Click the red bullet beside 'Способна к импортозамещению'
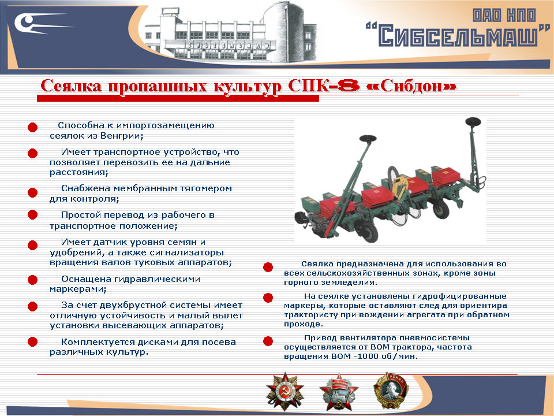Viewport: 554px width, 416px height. pyautogui.click(x=33, y=127)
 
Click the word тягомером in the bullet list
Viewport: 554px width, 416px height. pyautogui.click(x=204, y=188)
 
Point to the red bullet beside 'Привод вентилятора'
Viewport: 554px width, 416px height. pyautogui.click(x=268, y=341)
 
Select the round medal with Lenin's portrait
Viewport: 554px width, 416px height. pyautogui.click(x=387, y=391)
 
